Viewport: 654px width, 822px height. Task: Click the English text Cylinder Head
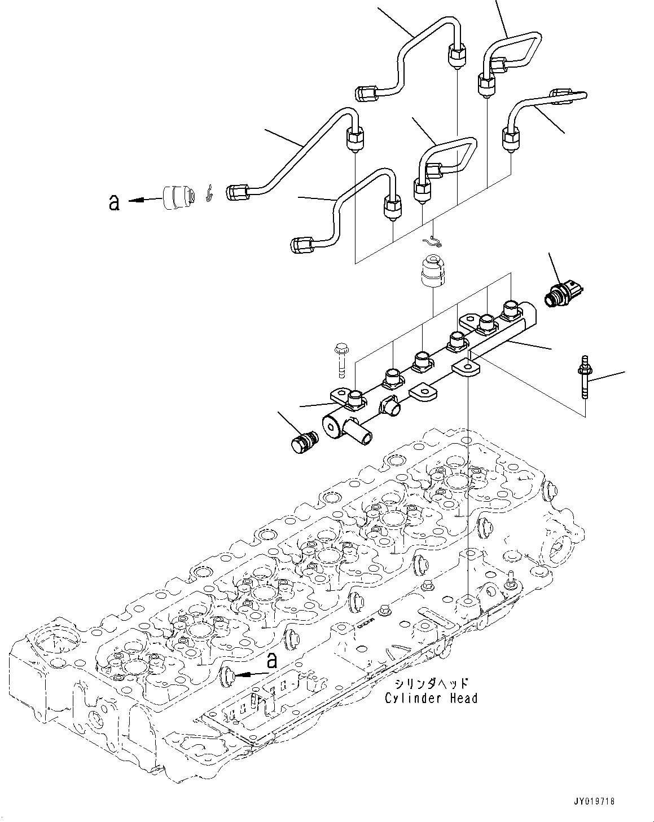tap(431, 698)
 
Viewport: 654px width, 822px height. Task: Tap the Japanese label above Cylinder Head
tap(431, 683)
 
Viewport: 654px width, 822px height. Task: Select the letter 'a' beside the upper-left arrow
tap(114, 202)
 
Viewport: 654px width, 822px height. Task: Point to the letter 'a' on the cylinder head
tap(272, 660)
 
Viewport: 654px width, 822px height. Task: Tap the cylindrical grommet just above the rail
tap(433, 272)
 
